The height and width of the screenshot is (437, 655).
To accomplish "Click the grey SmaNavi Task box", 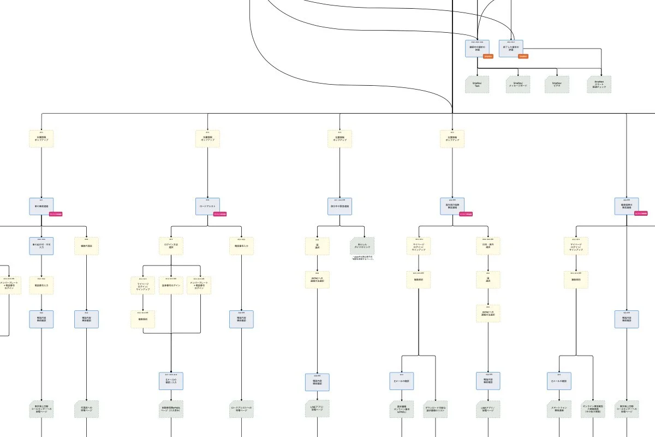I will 477,84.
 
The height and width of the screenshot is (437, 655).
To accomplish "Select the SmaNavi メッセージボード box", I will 517,84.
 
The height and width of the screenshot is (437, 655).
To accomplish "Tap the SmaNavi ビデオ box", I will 557,84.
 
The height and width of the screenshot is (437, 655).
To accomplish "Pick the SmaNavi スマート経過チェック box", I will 600,84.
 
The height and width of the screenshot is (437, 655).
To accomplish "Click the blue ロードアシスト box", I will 207,206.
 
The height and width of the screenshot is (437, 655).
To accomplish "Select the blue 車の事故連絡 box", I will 41,206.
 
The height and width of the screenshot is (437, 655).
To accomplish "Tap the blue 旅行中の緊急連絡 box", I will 340,206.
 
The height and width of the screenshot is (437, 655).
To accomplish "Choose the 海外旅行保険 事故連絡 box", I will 452,206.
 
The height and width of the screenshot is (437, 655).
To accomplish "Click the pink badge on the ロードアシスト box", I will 220,214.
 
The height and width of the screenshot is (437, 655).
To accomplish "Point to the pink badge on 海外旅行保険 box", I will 466,214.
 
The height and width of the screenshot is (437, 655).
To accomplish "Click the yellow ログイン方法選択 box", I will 170,246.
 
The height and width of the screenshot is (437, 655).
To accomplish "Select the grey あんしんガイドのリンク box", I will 362,246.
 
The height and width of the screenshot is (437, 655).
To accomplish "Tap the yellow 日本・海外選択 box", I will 488,246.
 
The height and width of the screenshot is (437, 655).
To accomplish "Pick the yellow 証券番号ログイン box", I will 171,285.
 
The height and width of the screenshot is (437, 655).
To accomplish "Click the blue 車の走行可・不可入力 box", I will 41,246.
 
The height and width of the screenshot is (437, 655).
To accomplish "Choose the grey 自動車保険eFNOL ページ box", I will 171,409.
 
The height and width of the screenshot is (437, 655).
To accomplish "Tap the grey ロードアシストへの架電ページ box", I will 241,409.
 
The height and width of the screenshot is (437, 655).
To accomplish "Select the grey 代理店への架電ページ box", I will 86,409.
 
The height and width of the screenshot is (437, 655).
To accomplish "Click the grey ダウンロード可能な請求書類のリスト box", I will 435,409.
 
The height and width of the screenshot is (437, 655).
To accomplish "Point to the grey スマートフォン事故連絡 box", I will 559,409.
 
